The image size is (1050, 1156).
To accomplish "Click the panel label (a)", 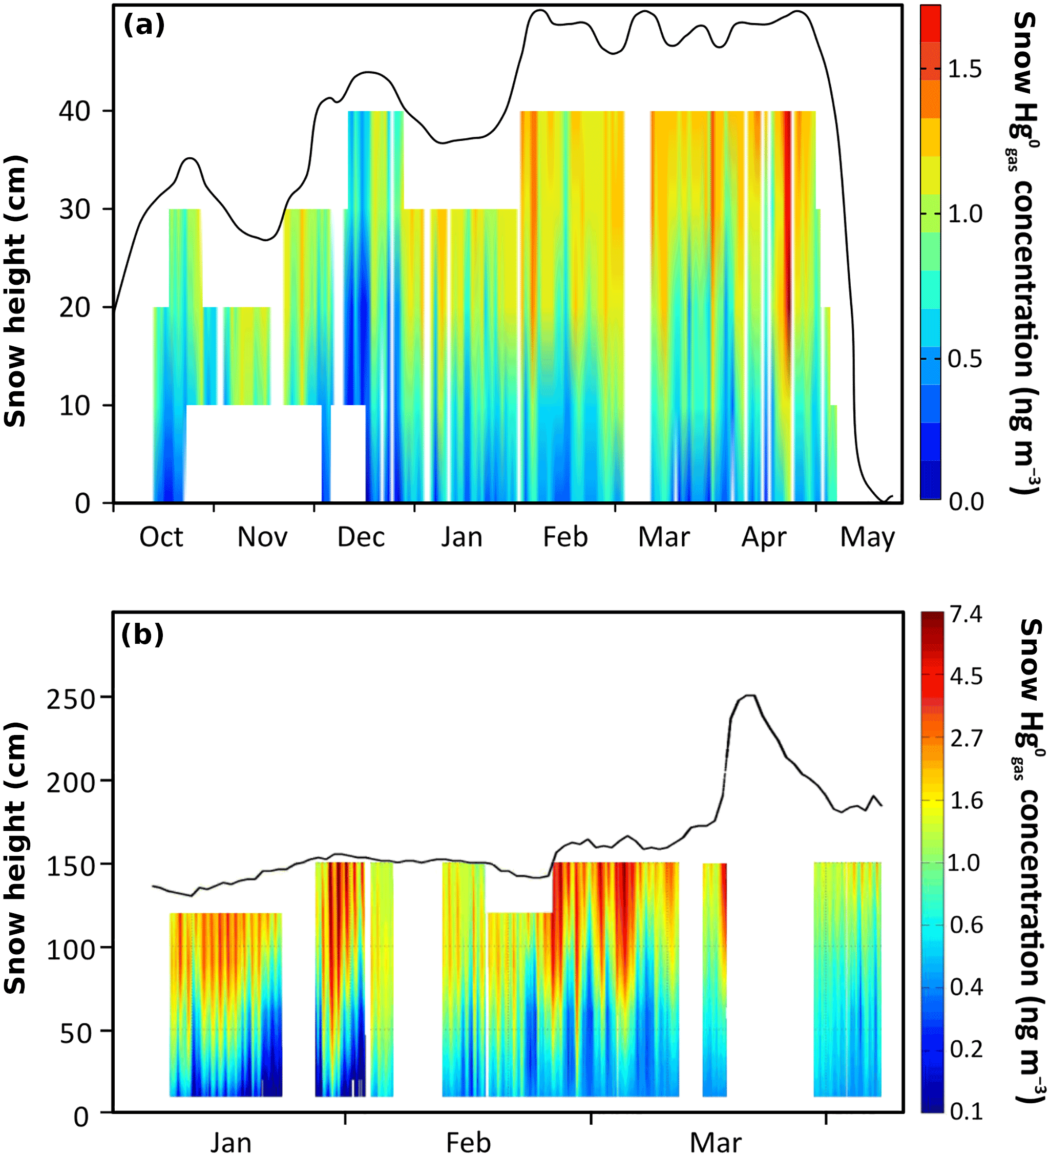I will (144, 26).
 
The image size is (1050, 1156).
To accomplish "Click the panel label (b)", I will (142, 635).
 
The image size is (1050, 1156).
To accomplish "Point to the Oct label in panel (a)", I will (161, 538).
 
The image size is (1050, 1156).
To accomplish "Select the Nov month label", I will (262, 538).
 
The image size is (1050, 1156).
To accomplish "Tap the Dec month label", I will (361, 538).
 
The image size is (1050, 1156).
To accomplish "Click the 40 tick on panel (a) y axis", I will (75, 111).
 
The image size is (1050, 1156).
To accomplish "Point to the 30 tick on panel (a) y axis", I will (75, 209).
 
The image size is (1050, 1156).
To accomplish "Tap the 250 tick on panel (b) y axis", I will (70, 700).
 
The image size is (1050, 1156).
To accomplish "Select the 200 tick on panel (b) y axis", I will (70, 783).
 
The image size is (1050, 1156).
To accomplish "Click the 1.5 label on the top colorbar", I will (965, 69).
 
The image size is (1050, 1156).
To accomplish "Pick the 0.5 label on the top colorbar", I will (965, 360).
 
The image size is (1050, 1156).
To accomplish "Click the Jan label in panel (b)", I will (230, 1143).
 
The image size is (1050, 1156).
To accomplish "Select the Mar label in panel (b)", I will (715, 1143).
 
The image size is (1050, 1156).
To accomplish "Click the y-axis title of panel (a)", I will (15, 291).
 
